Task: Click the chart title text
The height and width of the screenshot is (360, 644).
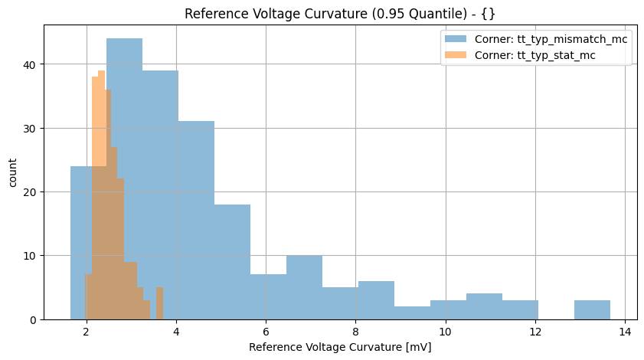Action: click(322, 13)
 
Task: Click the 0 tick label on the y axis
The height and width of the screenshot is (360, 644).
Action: click(34, 319)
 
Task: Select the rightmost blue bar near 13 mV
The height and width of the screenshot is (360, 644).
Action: click(592, 310)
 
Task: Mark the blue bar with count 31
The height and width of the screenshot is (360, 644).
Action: click(196, 222)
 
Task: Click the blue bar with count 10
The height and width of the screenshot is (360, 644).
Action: click(304, 288)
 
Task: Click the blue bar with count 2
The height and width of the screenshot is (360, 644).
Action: click(412, 313)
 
